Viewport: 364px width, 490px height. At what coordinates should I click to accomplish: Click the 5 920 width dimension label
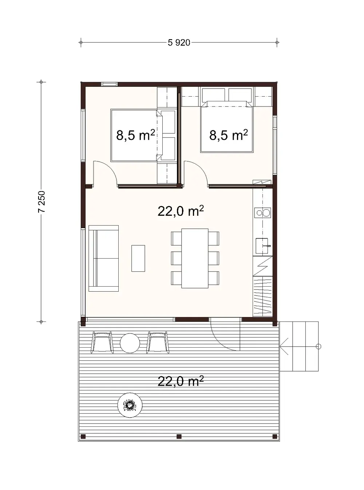tap(179, 43)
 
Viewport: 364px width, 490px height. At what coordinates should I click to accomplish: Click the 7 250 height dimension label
tap(41, 202)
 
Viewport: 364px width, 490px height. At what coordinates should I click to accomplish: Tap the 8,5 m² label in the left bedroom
tap(135, 135)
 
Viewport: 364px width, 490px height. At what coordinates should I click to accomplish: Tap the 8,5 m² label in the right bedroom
tap(228, 135)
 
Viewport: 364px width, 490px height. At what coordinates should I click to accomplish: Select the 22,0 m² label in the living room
tap(180, 211)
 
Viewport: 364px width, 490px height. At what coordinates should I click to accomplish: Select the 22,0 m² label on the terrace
tap(180, 381)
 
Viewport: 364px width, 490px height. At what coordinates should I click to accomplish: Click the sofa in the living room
tap(104, 258)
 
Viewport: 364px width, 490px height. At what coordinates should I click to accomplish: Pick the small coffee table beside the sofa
tap(138, 258)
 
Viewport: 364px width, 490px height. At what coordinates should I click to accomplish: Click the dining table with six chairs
tap(195, 258)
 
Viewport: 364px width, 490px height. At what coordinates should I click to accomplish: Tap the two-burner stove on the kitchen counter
tap(262, 212)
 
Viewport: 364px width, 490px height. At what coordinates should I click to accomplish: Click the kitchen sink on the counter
tap(262, 246)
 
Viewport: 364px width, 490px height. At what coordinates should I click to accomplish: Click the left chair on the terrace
tap(102, 342)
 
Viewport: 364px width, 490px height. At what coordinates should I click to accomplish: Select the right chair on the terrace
tap(158, 342)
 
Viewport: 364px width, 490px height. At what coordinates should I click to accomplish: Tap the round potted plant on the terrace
tap(130, 405)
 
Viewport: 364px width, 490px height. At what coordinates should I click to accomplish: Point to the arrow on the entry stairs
tap(284, 347)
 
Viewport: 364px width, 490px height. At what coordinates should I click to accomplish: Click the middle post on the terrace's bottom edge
tap(179, 436)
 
